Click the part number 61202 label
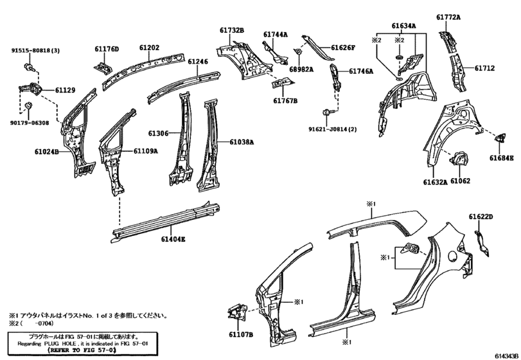(x=149, y=48)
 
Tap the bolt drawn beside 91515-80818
(x=28, y=67)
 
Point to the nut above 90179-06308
(x=28, y=106)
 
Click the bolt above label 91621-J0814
(x=326, y=113)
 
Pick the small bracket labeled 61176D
(x=103, y=67)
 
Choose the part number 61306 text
(x=158, y=133)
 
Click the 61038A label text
(x=242, y=142)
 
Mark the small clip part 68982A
(x=297, y=52)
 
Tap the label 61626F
(x=343, y=48)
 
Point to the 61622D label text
(x=481, y=217)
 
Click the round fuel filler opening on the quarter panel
(x=453, y=256)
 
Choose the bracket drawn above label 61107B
(x=237, y=312)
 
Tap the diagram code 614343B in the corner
(x=506, y=356)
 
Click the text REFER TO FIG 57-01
(x=82, y=350)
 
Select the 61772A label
(x=448, y=17)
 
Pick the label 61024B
(x=46, y=152)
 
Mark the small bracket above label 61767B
(x=283, y=82)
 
